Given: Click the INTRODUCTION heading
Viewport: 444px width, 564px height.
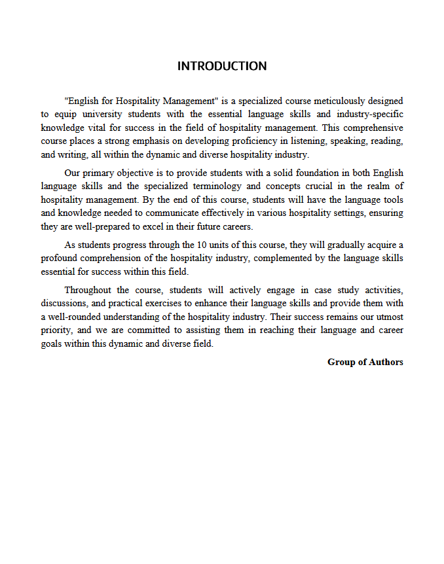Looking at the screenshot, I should [x=222, y=66].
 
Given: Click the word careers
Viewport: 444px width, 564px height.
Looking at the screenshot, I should [x=236, y=226].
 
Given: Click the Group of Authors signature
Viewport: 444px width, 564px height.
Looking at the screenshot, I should [x=365, y=362].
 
